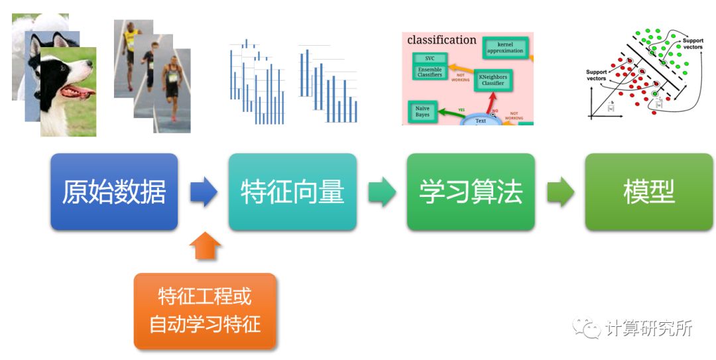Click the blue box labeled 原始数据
pyautogui.click(x=114, y=192)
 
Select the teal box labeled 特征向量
pyautogui.click(x=292, y=192)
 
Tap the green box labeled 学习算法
pyautogui.click(x=471, y=192)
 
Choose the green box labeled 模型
pyautogui.click(x=648, y=192)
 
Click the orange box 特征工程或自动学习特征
pyautogui.click(x=205, y=311)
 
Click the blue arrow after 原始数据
pyautogui.click(x=204, y=192)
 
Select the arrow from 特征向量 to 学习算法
pyautogui.click(x=382, y=192)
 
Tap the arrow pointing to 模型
pyautogui.click(x=560, y=192)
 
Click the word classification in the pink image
pyautogui.click(x=442, y=40)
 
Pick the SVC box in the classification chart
pyautogui.click(x=430, y=58)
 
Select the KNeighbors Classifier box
pyautogui.click(x=491, y=80)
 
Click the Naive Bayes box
pyautogui.click(x=422, y=111)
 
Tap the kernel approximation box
pyautogui.click(x=505, y=47)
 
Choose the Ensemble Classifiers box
pyautogui.click(x=430, y=72)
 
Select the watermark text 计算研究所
pyautogui.click(x=648, y=328)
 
